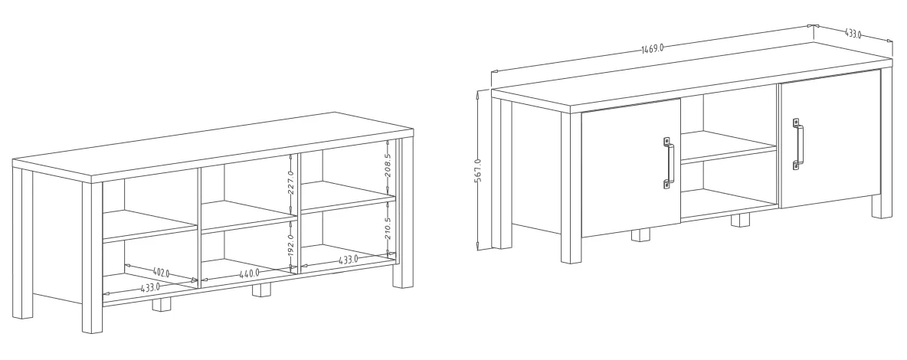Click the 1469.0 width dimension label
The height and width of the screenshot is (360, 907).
(653, 48)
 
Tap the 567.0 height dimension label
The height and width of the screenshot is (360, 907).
(478, 170)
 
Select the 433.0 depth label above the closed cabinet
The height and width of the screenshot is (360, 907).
(853, 34)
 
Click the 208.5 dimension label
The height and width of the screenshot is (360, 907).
(388, 165)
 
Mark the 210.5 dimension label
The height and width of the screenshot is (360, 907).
(388, 229)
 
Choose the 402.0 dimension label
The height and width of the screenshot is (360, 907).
(161, 272)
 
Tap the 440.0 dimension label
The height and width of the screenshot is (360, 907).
(249, 273)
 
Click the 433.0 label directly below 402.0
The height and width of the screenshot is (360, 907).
(150, 286)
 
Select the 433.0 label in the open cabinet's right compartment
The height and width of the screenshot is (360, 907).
(349, 260)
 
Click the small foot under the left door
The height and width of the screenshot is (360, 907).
(640, 234)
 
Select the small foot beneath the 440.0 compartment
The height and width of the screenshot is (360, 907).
(261, 290)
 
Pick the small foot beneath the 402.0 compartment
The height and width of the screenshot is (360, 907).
(162, 304)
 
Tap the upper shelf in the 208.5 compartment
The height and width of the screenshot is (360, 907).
(349, 197)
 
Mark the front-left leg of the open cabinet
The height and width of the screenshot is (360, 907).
(92, 258)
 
